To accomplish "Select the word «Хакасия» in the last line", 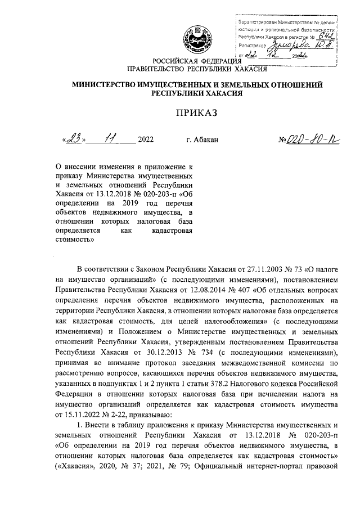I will coord(74,466).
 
